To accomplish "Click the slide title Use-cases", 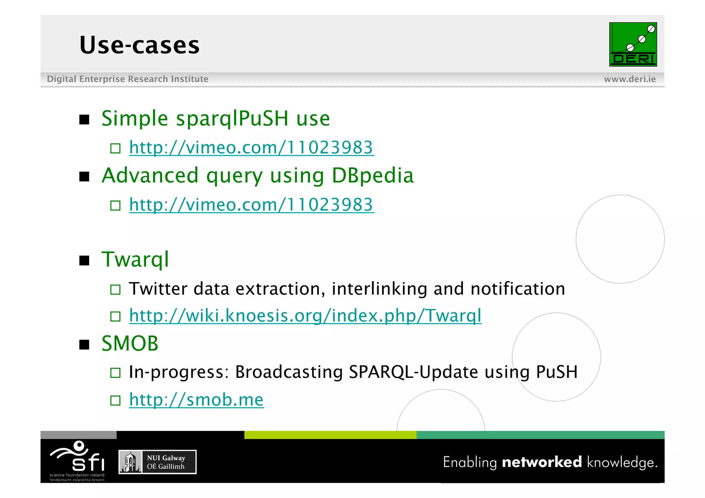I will (x=139, y=45).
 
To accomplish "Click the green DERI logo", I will (x=633, y=44).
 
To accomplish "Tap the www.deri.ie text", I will (x=630, y=79).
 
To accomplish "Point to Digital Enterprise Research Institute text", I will (x=127, y=79).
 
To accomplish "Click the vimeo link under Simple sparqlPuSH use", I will (x=251, y=148).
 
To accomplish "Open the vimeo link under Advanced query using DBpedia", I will (x=251, y=205).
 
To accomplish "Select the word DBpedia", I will (x=372, y=176).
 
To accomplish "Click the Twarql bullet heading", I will (x=135, y=259).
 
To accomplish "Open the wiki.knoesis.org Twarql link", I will (x=305, y=316).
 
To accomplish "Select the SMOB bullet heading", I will (x=130, y=343).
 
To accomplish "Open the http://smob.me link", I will (x=196, y=400).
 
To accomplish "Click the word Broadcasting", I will (x=289, y=372).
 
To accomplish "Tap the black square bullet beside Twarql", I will (x=84, y=261).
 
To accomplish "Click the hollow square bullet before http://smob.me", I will (x=115, y=401).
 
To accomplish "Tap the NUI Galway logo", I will (x=157, y=462).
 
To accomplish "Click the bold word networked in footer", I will (x=541, y=462).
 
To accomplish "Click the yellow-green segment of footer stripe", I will (x=330, y=435).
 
